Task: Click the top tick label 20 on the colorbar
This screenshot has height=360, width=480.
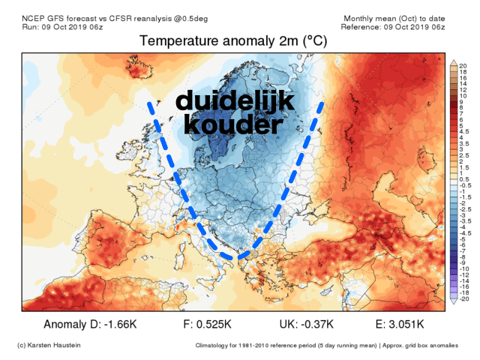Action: point(464,67)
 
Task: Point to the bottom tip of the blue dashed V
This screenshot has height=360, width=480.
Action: point(240,258)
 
